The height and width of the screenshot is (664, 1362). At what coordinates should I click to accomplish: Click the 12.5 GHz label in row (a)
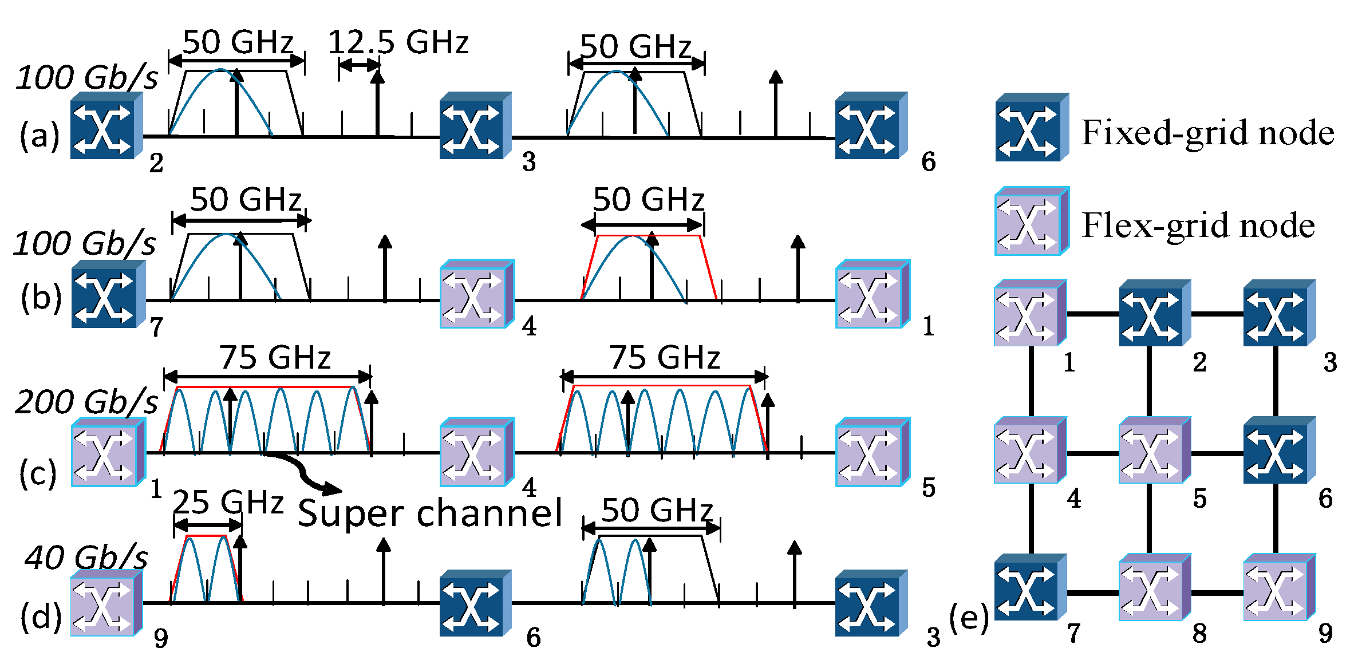(x=398, y=43)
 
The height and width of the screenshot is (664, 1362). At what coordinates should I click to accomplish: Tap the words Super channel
(x=430, y=513)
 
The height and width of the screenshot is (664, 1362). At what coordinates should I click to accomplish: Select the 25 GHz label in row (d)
(x=228, y=503)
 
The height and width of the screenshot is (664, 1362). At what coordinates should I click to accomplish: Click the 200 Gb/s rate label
(x=86, y=402)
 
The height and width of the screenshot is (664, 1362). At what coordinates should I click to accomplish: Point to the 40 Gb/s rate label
(x=86, y=558)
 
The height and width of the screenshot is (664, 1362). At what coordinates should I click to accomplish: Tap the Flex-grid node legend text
(x=1198, y=226)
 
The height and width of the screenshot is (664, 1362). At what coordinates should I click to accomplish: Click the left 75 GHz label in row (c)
(x=275, y=358)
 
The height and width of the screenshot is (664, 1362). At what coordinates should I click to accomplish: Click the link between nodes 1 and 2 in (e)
(x=1092, y=314)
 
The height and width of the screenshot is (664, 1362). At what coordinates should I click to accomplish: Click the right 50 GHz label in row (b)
(x=648, y=200)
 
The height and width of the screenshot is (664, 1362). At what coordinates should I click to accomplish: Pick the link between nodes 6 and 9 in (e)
(x=1276, y=518)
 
